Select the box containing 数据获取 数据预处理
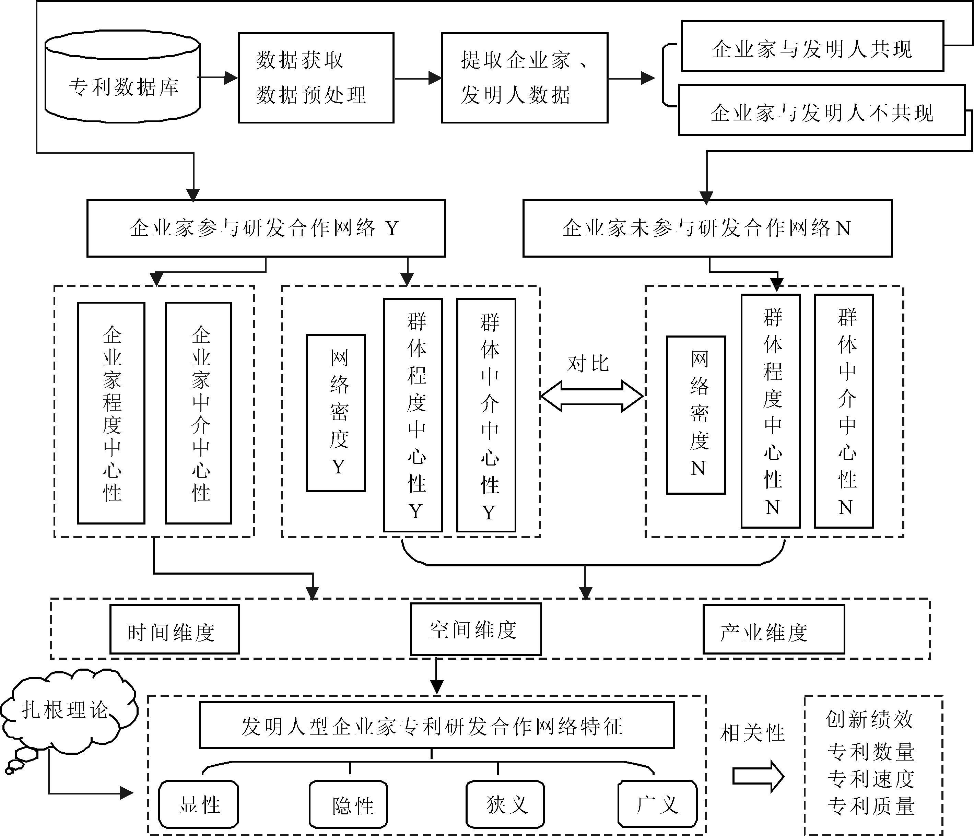(x=316, y=78)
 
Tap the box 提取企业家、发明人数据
(x=525, y=78)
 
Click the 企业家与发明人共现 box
(x=812, y=47)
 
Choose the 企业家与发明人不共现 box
(x=822, y=110)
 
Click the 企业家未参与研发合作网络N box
(x=707, y=228)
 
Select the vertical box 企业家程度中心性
(x=112, y=413)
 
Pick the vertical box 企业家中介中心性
(x=198, y=413)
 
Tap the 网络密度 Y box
(x=336, y=413)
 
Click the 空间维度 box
(x=476, y=629)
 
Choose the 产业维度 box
(x=774, y=629)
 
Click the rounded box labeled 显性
(x=198, y=804)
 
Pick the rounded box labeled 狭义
(x=505, y=804)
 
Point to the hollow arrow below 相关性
(x=758, y=777)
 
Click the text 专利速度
(x=871, y=779)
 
